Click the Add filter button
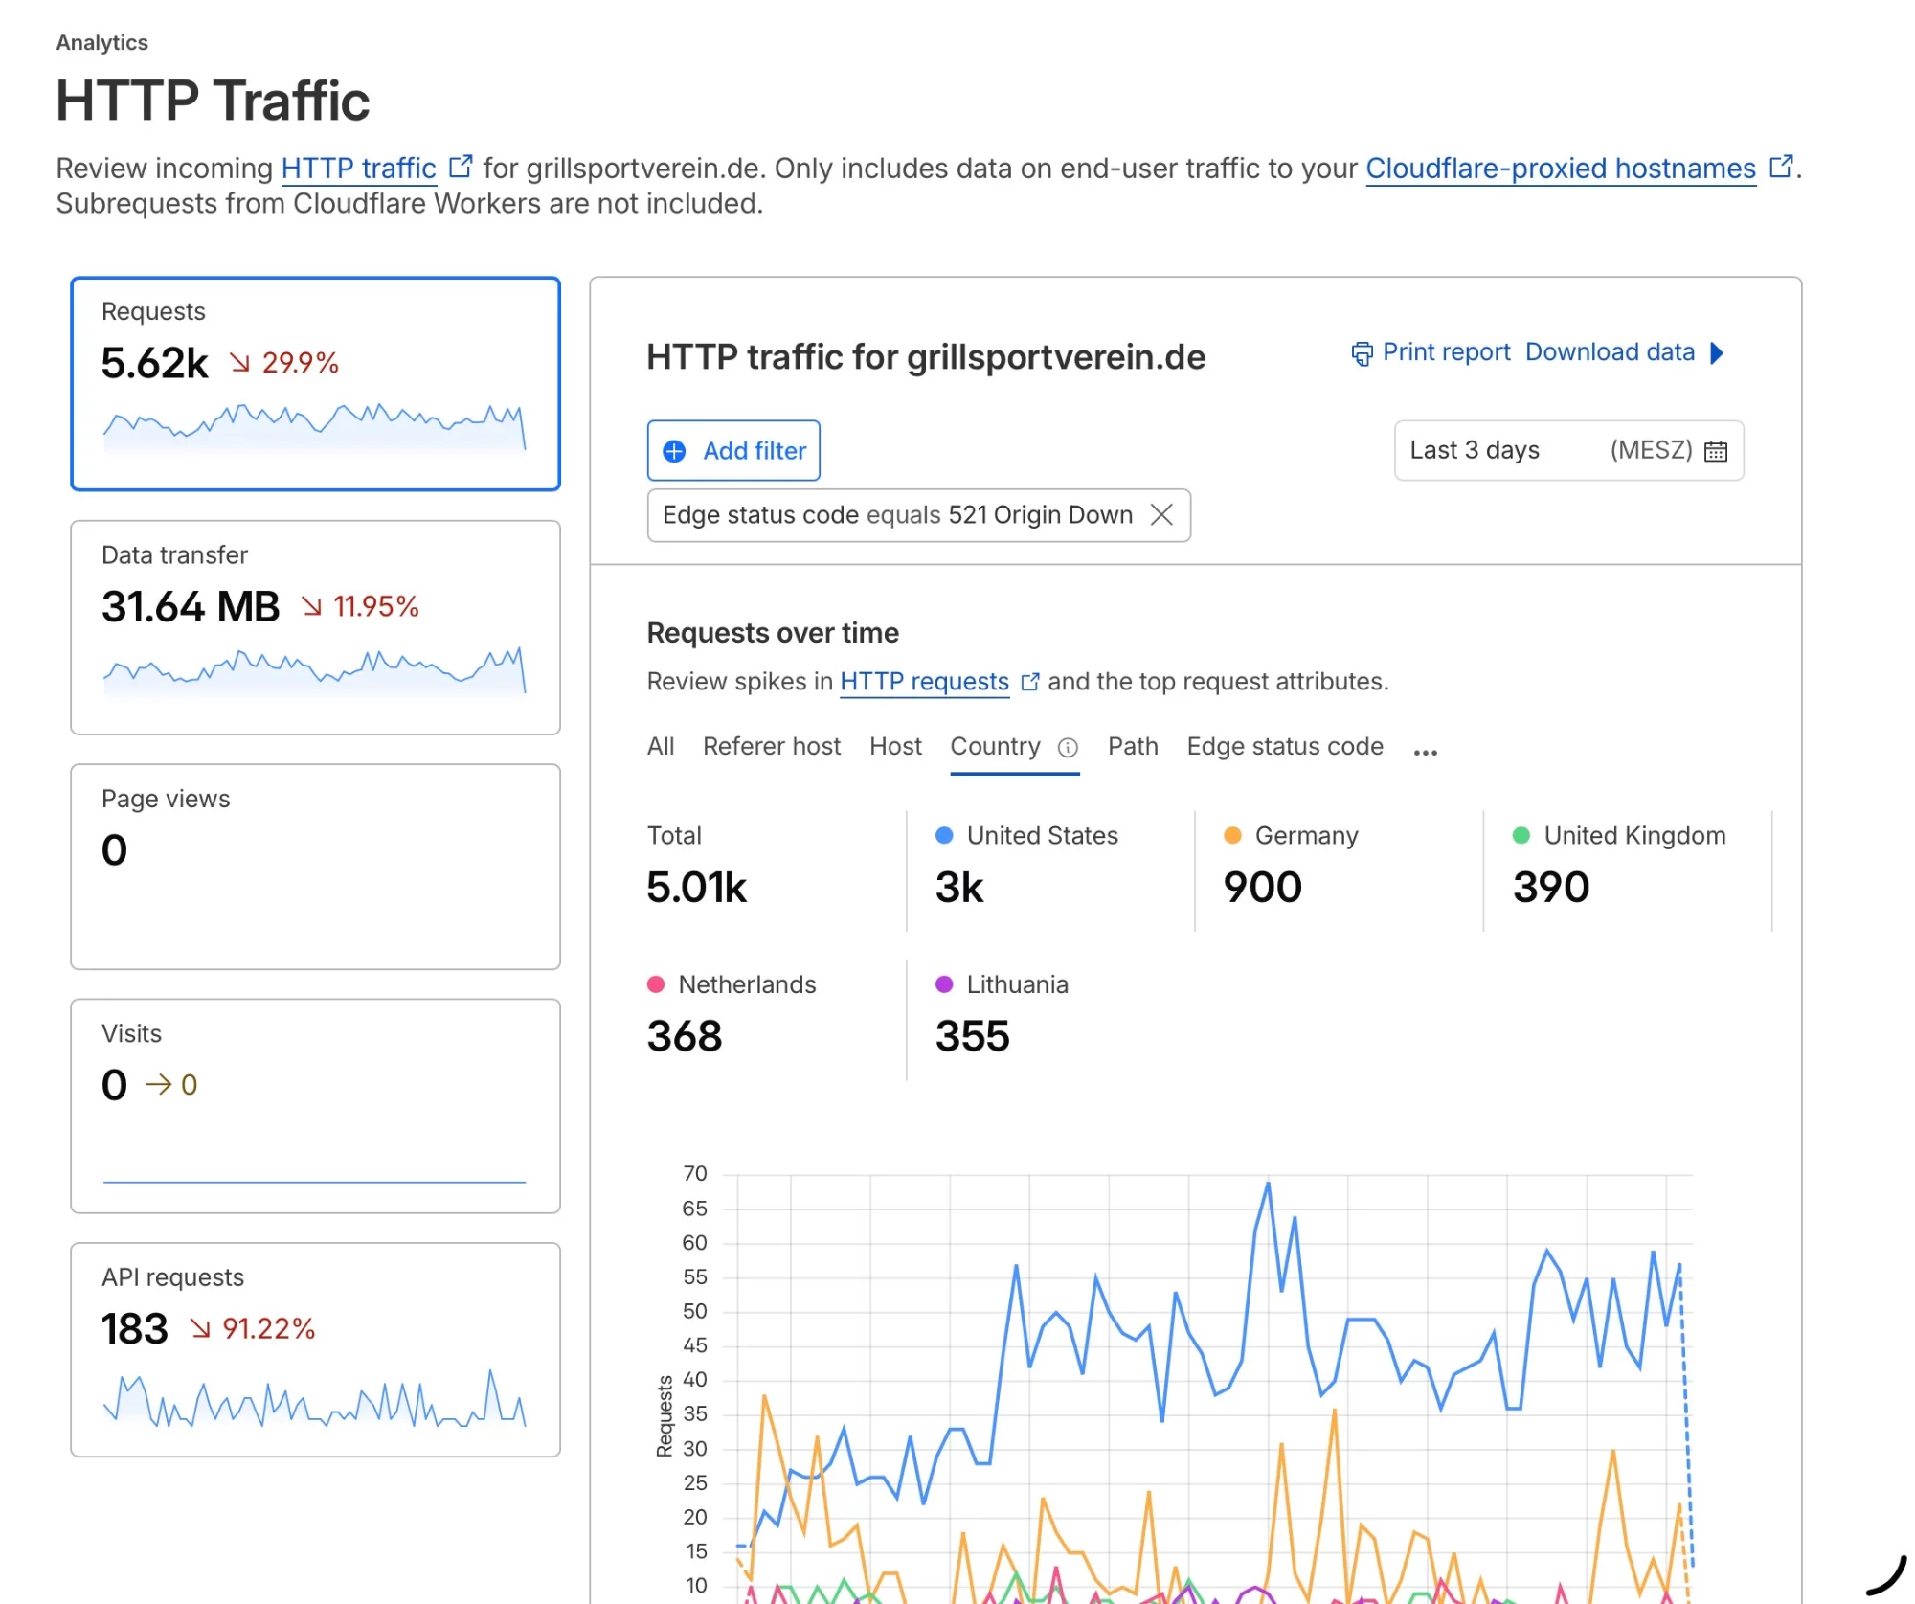click(733, 450)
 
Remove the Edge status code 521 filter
click(1161, 515)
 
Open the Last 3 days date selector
click(1568, 450)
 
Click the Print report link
click(1431, 352)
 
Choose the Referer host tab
click(771, 746)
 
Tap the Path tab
click(1133, 746)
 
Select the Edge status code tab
click(1285, 746)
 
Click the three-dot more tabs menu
click(1426, 752)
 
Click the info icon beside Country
click(1068, 748)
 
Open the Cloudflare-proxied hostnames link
click(1561, 169)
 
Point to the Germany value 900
click(1263, 887)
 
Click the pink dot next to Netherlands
click(656, 984)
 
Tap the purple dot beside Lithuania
click(944, 984)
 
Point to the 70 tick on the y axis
click(695, 1174)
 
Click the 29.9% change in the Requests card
click(300, 363)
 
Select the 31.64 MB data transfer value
click(191, 606)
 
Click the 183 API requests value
click(135, 1329)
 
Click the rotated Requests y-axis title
click(665, 1416)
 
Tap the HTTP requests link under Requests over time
click(924, 682)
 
